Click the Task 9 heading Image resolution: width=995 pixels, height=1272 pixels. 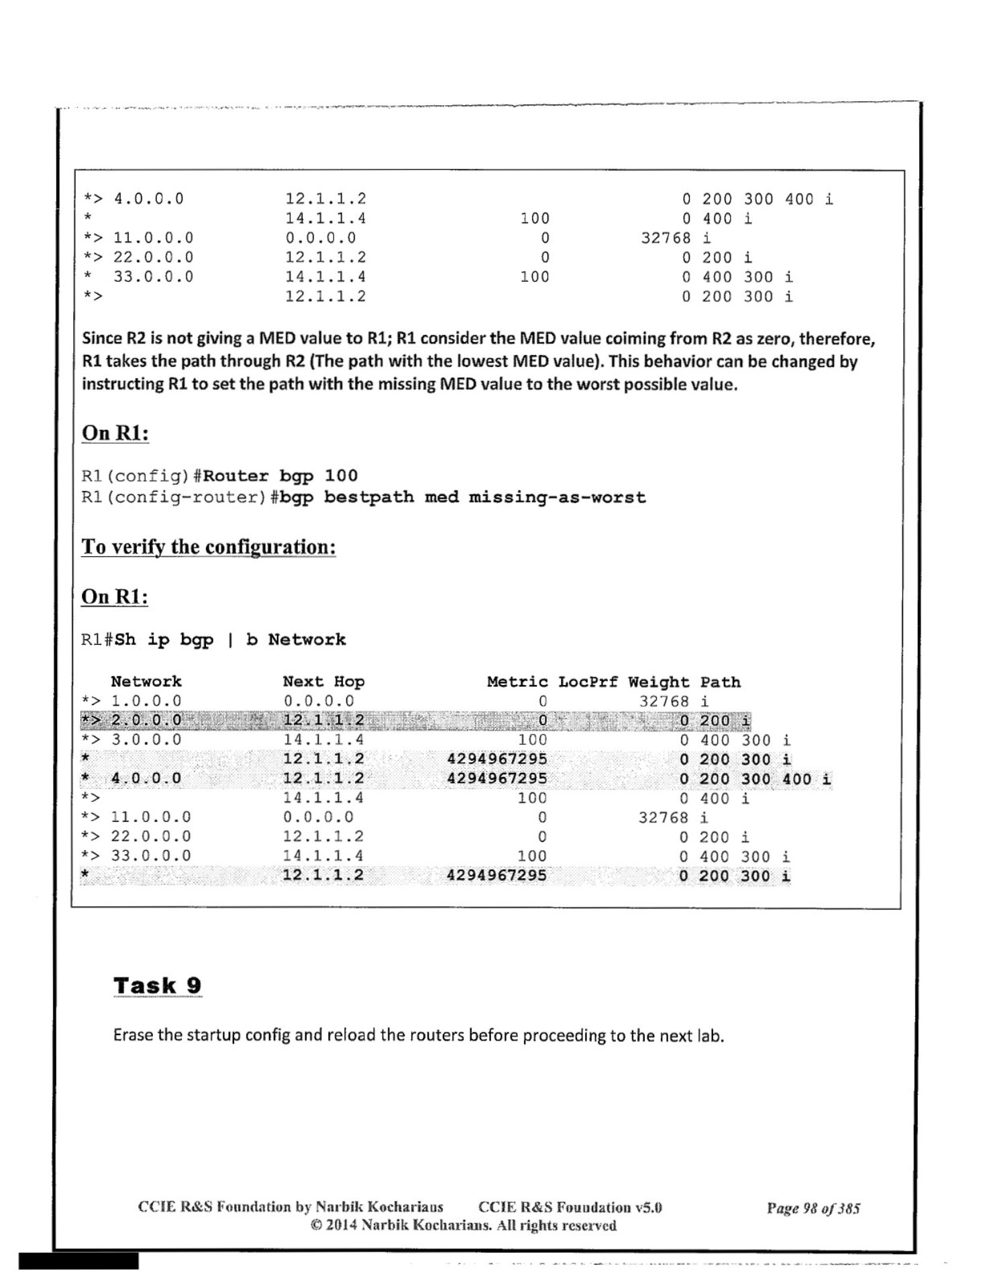point(157,986)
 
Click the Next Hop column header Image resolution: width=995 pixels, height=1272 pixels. point(323,682)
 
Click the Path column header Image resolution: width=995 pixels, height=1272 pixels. point(721,682)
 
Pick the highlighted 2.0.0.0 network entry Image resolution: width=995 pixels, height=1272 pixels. point(146,721)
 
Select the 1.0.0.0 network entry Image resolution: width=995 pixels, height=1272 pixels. point(146,701)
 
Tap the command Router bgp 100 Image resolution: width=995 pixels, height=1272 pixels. point(280,476)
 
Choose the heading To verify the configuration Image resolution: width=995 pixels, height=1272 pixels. point(208,547)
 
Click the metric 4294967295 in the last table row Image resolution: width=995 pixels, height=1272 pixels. point(496,876)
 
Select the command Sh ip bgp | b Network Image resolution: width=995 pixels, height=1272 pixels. point(230,639)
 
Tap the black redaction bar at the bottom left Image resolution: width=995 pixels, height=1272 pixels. point(78,1261)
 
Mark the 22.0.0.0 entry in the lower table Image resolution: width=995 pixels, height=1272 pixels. point(151,837)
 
